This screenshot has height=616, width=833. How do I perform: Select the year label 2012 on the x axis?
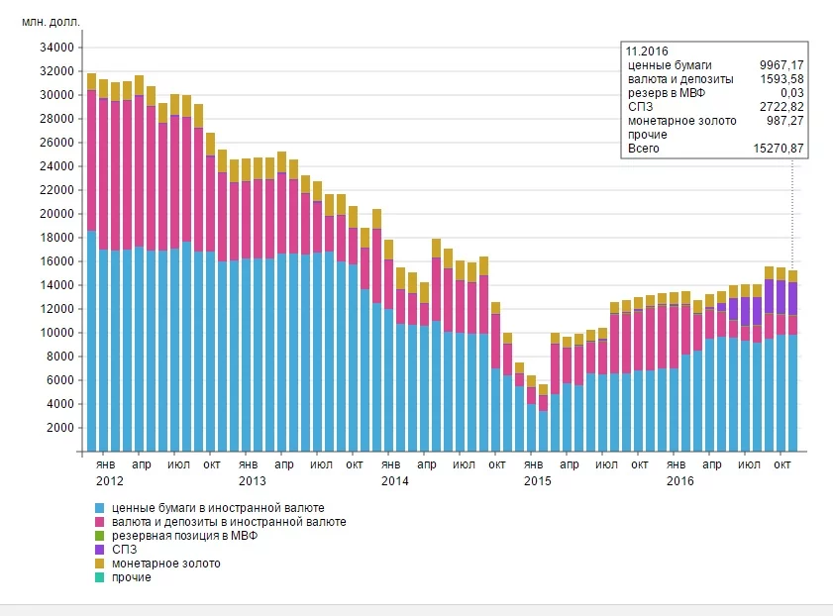[110, 480]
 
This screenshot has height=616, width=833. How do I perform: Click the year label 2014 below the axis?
[394, 480]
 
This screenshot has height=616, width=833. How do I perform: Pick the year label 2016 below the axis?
[679, 480]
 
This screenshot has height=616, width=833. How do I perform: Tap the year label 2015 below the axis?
[537, 480]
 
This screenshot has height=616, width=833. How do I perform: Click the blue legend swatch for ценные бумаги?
[100, 508]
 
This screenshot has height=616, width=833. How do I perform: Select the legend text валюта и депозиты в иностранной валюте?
[230, 522]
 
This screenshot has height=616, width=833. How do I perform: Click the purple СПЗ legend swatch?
[100, 550]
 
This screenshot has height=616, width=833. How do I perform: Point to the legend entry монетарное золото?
[166, 564]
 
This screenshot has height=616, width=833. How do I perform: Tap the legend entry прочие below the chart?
[133, 577]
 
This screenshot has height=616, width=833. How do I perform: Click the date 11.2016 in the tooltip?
[647, 51]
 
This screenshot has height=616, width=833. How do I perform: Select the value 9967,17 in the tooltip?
[778, 64]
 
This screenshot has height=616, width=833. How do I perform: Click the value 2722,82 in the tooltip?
[778, 106]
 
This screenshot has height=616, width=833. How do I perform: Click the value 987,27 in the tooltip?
[781, 120]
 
